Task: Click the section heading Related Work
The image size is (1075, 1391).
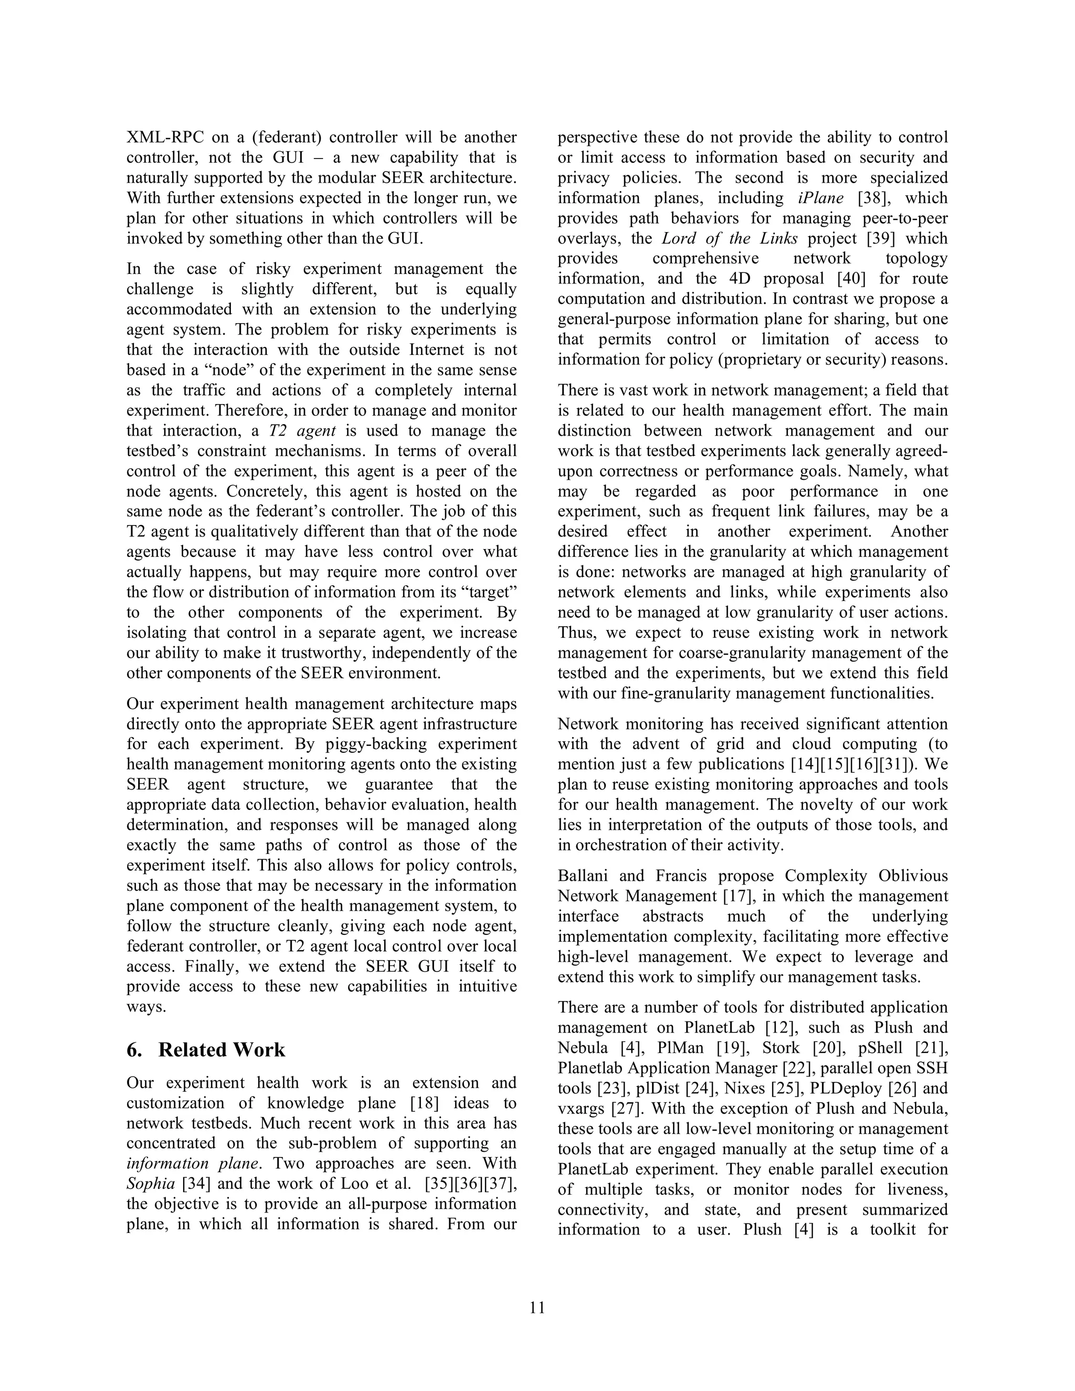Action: pyautogui.click(x=221, y=1050)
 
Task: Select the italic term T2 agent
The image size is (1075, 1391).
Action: pyautogui.click(x=298, y=431)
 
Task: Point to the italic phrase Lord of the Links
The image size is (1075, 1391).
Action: pyautogui.click(x=729, y=239)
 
